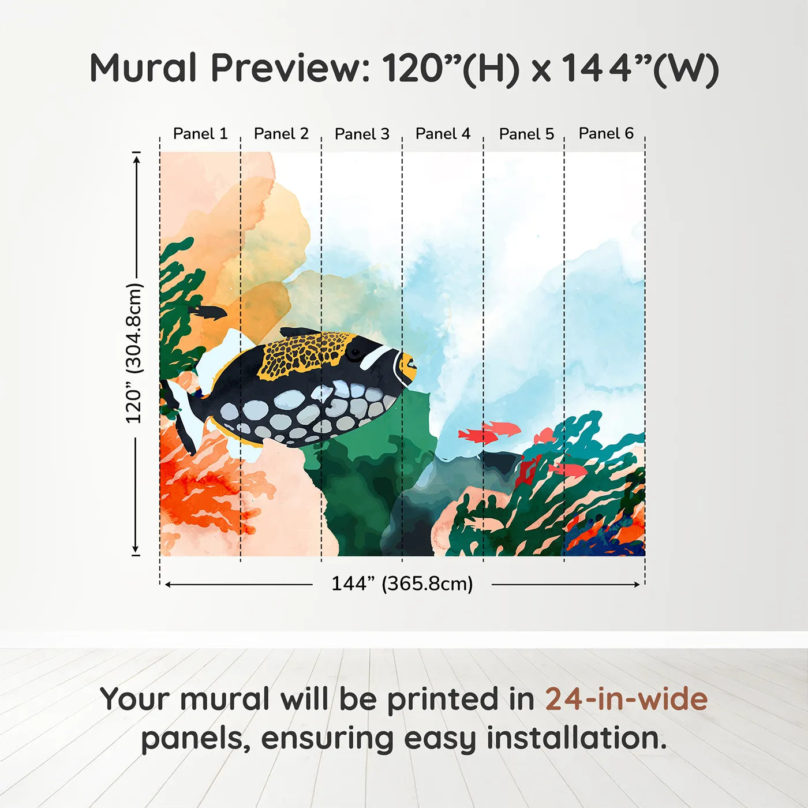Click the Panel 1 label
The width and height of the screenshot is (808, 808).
200,134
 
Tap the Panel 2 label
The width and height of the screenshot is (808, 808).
281,134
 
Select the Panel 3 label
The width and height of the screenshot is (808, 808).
362,134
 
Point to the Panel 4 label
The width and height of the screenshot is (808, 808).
443,134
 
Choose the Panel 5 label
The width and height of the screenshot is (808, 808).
526,134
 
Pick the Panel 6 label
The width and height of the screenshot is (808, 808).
606,133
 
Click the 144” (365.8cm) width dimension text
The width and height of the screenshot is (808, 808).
402,583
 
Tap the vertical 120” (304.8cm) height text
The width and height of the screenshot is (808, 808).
134,353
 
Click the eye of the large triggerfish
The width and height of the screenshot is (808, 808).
353,353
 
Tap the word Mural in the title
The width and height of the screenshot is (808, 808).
143,68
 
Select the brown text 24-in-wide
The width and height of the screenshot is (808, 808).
626,699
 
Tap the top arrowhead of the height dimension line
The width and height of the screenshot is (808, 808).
136,158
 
